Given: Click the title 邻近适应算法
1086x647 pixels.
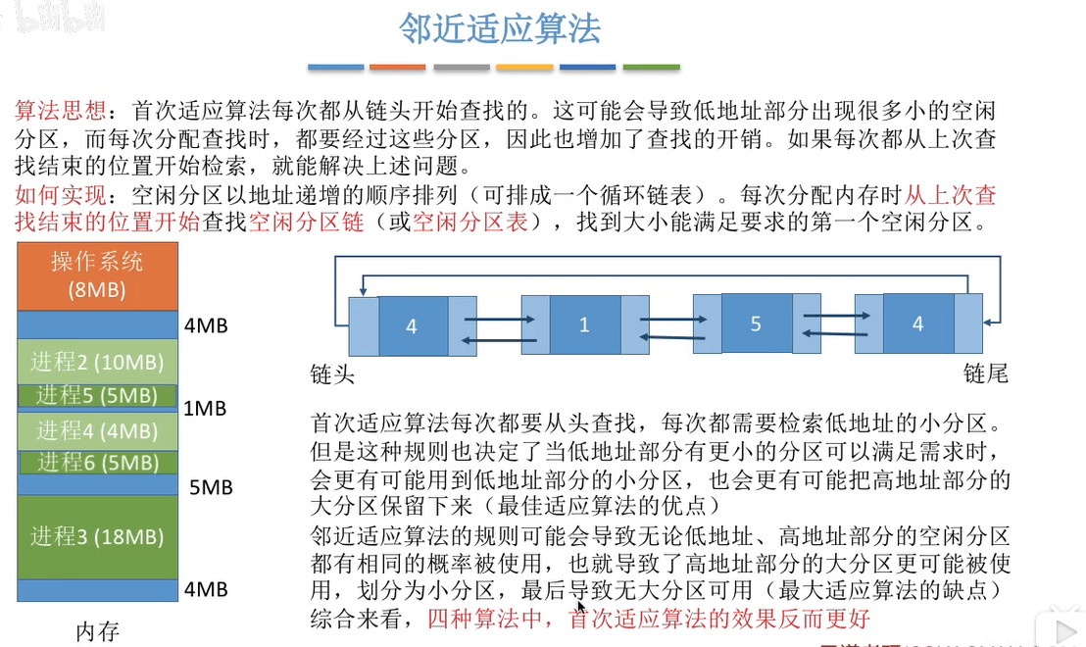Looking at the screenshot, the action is point(499,28).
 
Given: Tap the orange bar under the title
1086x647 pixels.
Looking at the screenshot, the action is point(397,67).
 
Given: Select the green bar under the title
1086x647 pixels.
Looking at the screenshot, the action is point(651,67).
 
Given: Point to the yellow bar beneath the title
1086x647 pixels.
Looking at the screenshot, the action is point(524,67).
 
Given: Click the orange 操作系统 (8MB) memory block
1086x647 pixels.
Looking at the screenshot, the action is point(97,274).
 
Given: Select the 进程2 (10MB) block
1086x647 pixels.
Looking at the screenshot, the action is point(97,362).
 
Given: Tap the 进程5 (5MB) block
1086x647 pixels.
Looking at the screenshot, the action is point(97,396).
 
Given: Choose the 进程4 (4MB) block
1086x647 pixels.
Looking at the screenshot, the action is point(97,430).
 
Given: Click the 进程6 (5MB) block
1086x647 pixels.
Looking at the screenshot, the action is point(97,462).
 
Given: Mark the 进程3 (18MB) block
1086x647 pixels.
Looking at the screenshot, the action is point(97,536).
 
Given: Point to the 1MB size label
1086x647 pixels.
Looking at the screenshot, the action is point(205,408).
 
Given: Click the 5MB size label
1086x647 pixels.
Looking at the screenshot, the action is point(211,485).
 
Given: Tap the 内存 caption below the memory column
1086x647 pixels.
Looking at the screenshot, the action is point(97,631).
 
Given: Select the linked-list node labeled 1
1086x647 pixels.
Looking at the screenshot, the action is point(584,324).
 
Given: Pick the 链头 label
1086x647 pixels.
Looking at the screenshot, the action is point(332,374).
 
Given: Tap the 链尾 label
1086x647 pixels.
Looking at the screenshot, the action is point(986,374).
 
